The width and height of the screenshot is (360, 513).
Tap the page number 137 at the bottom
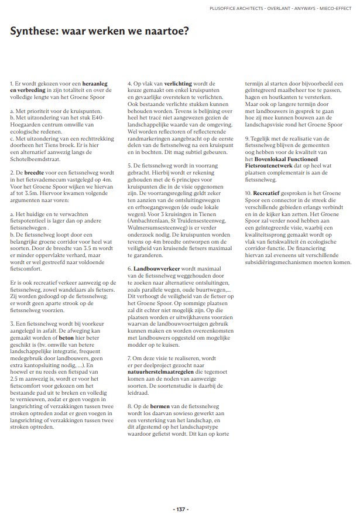pos(180,493)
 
